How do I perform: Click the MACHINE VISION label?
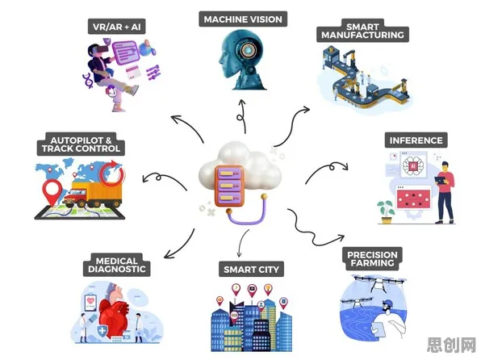click(243, 19)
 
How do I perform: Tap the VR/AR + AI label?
click(116, 27)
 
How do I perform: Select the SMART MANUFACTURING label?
click(362, 31)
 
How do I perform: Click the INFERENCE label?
click(416, 140)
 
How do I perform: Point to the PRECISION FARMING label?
click(372, 259)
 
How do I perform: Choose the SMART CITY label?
click(251, 270)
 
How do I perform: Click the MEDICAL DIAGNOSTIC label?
click(116, 265)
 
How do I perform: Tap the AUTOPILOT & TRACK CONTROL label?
click(81, 144)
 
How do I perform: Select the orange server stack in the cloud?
click(229, 186)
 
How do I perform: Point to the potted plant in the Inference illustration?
click(387, 211)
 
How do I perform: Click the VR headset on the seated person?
click(101, 49)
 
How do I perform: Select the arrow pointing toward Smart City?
click(243, 242)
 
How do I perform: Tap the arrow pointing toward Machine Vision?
click(242, 116)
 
